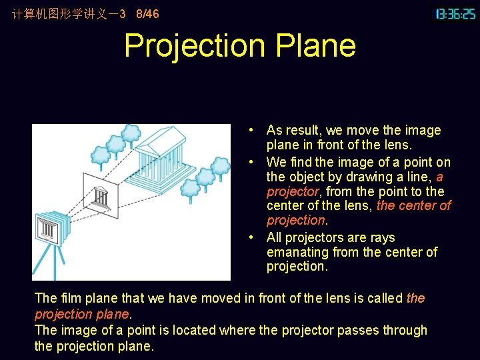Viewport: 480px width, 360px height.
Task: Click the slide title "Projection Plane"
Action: point(240,46)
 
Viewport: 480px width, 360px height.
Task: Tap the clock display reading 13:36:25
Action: point(455,14)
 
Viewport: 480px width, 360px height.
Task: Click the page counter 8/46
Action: point(147,13)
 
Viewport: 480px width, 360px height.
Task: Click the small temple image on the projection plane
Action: point(101,197)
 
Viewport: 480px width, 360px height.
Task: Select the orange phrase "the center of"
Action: point(413,206)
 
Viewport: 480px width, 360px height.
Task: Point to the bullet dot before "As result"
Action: point(248,131)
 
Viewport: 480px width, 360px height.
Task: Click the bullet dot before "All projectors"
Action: point(248,238)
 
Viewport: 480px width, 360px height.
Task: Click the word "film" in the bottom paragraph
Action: point(69,298)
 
